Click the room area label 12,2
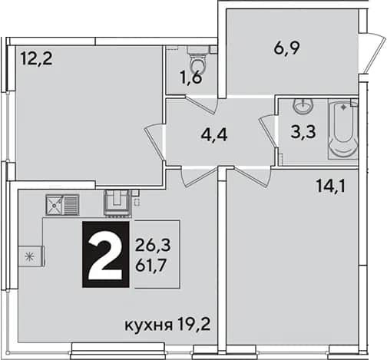(37, 58)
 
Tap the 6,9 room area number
(286, 48)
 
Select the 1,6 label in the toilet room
(190, 78)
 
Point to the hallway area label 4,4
(214, 135)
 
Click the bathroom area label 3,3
(303, 132)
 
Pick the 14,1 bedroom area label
(331, 186)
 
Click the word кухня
(148, 325)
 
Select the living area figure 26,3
(153, 246)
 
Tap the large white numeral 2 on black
(105, 254)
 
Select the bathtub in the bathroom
(342, 129)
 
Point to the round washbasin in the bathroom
(303, 106)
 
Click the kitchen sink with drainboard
(62, 204)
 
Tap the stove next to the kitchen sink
(117, 203)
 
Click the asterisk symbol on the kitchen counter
(30, 256)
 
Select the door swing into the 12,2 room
(154, 142)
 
